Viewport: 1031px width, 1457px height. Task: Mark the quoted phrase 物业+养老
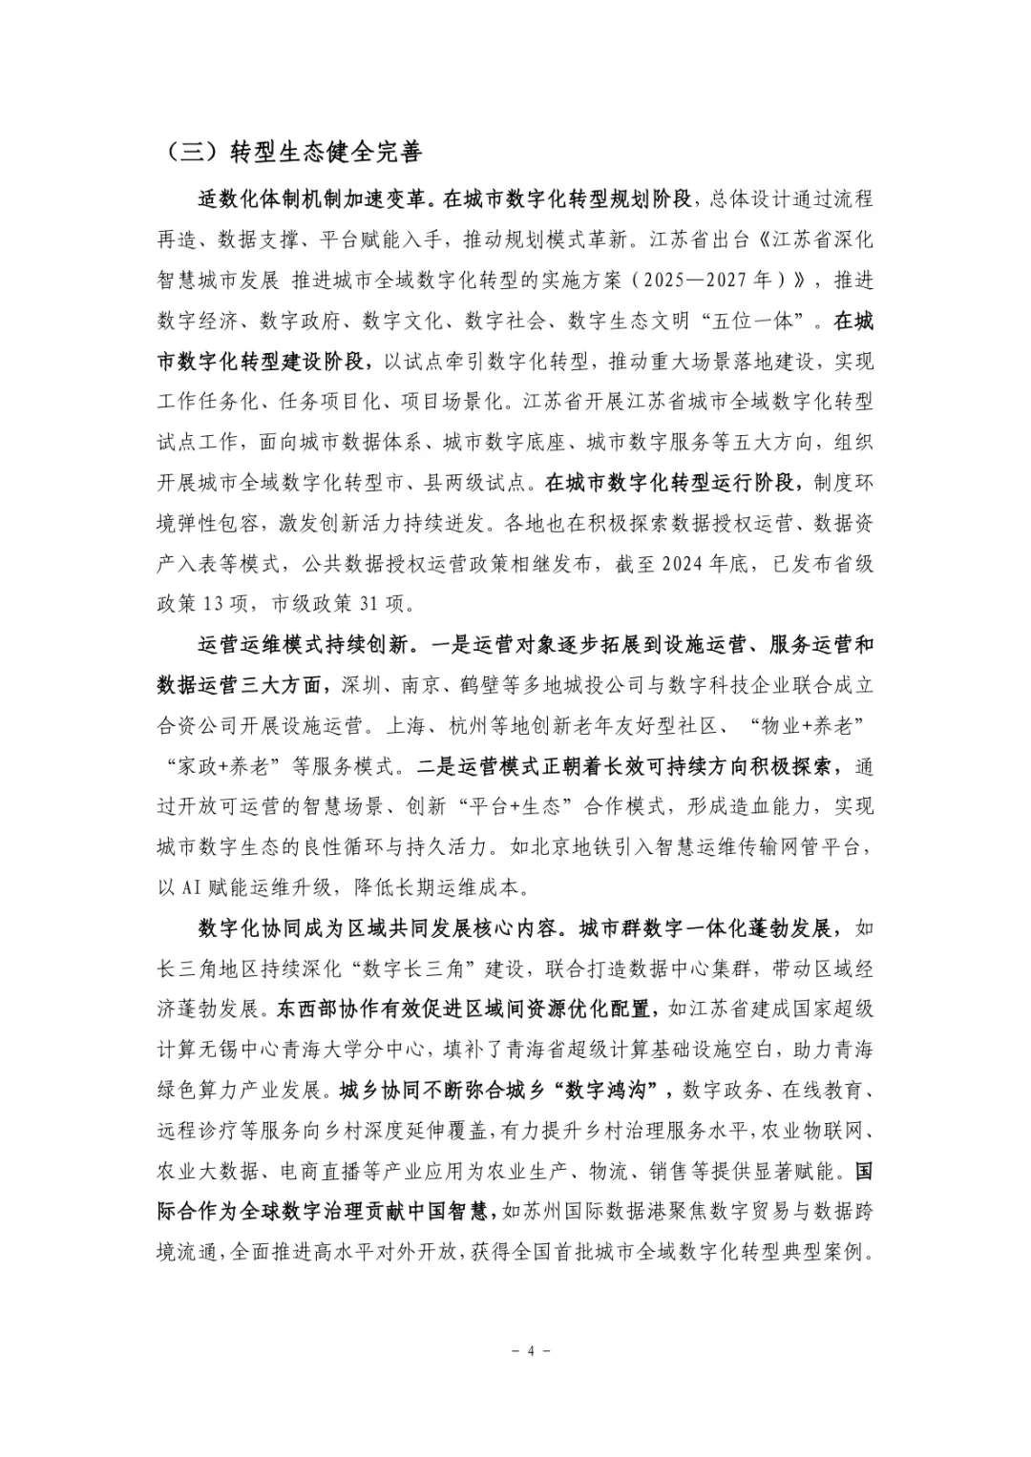(806, 725)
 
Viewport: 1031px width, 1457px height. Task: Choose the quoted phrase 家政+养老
(229, 766)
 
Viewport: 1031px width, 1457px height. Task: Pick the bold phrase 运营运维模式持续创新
(305, 645)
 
